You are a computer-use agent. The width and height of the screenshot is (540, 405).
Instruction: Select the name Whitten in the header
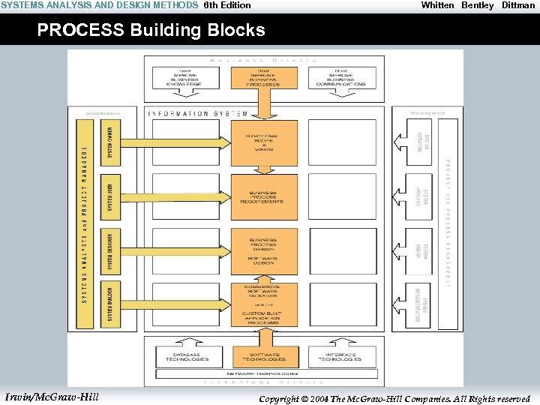[437, 5]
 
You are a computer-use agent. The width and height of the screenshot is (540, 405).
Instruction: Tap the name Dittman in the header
[518, 5]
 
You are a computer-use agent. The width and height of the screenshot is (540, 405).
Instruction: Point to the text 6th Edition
[227, 5]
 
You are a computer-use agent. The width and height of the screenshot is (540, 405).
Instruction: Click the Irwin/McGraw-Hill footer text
[51, 396]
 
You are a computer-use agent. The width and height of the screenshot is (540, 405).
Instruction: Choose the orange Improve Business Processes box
[264, 79]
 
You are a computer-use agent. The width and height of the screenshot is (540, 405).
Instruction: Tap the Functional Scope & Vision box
[264, 143]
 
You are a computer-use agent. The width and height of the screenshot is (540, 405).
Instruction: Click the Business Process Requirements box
[264, 196]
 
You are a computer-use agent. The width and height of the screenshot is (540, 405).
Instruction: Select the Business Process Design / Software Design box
[264, 251]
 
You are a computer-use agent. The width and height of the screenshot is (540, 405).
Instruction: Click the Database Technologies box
[187, 357]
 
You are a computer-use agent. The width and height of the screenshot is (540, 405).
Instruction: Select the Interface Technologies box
[340, 357]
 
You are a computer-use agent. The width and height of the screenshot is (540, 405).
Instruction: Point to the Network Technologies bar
[264, 373]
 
